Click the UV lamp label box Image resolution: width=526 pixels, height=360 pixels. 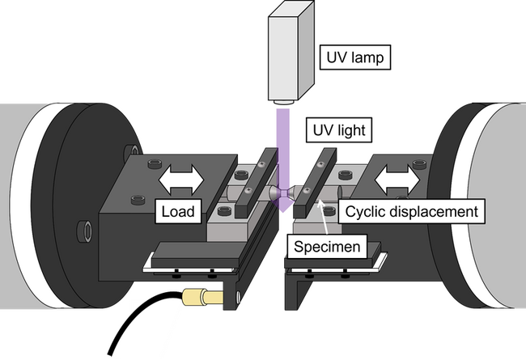point(355,57)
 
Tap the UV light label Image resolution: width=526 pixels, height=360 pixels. point(339,129)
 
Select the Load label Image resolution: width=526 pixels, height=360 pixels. point(178,211)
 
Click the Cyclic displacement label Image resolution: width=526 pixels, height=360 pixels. point(411,211)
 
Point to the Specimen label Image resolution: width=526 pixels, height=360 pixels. point(327,247)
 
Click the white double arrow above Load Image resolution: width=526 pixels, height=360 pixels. point(181,179)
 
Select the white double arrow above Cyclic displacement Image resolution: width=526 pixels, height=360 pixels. point(397,180)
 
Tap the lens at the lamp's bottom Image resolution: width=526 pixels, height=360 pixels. point(284,102)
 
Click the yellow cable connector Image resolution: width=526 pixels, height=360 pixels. point(202,297)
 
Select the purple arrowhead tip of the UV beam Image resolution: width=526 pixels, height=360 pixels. point(283,211)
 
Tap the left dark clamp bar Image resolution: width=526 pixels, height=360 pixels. point(257,183)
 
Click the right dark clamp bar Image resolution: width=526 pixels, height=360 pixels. point(315,182)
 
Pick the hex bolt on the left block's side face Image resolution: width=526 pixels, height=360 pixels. point(85,231)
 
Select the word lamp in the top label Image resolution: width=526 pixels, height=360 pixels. point(369,57)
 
